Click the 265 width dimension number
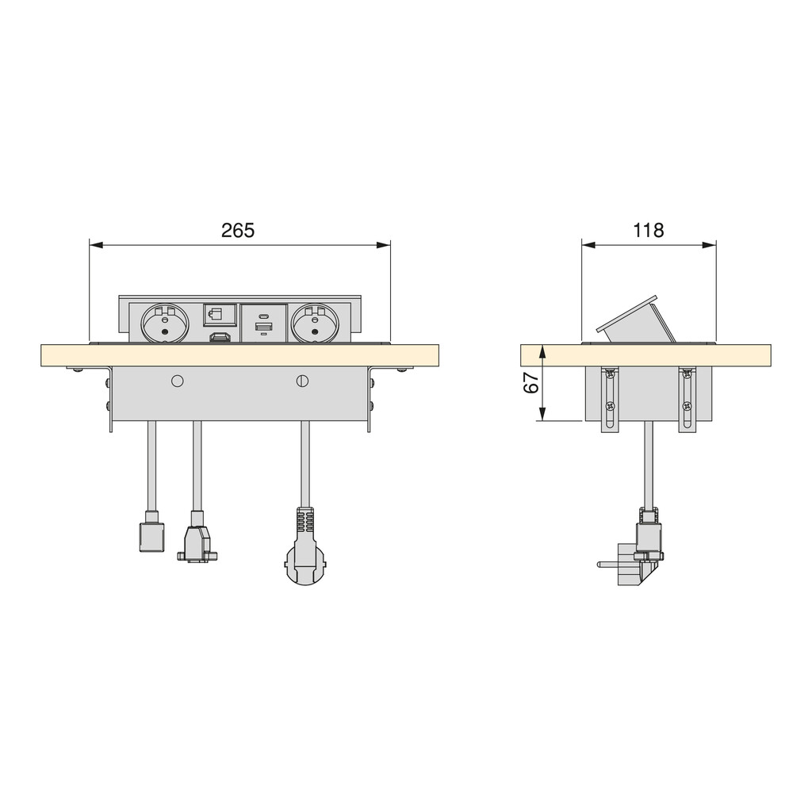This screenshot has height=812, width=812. coord(238,230)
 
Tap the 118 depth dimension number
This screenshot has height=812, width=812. coord(649,230)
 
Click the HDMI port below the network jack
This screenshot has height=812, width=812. coord(220,339)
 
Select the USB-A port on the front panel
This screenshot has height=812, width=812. coord(264,327)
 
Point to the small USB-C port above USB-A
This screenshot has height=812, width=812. coord(264,315)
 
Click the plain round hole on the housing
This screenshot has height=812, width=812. coord(178,381)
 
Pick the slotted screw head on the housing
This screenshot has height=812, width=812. coord(301,381)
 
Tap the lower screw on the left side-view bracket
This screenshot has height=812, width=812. coord(610,406)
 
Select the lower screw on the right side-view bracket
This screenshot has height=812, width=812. coord(687,406)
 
